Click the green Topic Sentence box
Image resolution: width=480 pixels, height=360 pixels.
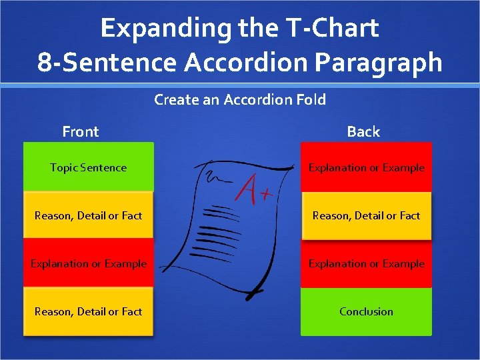[88, 167]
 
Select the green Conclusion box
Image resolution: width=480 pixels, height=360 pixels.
[366, 311]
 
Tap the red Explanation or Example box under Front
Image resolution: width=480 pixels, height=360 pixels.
[88, 263]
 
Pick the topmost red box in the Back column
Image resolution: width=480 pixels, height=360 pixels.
[366, 167]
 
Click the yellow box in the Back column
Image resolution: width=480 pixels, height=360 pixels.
[366, 215]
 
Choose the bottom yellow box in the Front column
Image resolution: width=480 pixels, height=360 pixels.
[88, 311]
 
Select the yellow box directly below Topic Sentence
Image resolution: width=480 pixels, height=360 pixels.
[88, 215]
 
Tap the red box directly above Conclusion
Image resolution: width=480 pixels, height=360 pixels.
[366, 263]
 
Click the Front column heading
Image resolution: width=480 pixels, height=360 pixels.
[80, 131]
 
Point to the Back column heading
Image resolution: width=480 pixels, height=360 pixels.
[363, 131]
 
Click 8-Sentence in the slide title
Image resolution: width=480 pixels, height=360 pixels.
[107, 62]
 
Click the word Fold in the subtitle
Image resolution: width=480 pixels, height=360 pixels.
[311, 100]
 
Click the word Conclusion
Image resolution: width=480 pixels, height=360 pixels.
[366, 311]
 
